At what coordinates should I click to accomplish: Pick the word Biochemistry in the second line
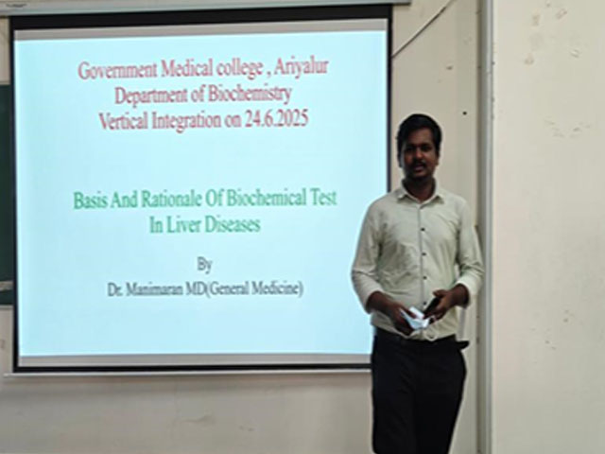point(251,96)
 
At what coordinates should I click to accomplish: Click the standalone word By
point(203,263)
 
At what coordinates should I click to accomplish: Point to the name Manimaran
point(156,290)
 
